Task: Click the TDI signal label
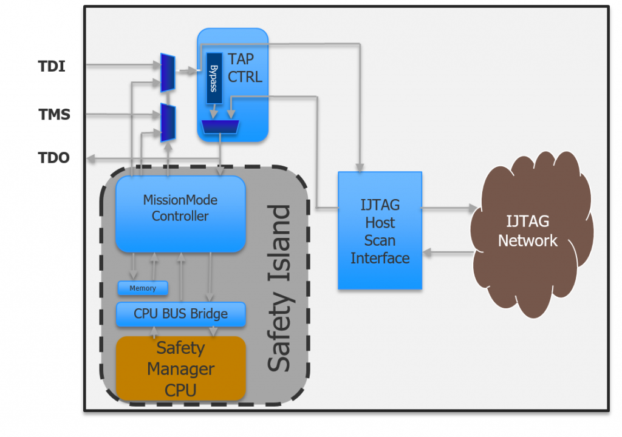tap(52, 66)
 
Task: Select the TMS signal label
tap(54, 113)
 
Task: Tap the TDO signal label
tap(54, 158)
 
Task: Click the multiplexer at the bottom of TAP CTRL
tap(220, 126)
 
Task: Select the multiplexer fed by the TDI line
tap(168, 73)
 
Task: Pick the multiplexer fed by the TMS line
tap(168, 122)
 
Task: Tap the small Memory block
tap(143, 288)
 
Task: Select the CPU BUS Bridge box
tap(180, 314)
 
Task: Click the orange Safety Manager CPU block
tap(180, 368)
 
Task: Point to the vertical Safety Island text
tap(279, 288)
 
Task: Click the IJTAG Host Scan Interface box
tap(380, 231)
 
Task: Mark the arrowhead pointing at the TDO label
tap(90, 159)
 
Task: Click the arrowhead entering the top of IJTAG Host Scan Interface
tap(360, 166)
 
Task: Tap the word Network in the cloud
tap(527, 240)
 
